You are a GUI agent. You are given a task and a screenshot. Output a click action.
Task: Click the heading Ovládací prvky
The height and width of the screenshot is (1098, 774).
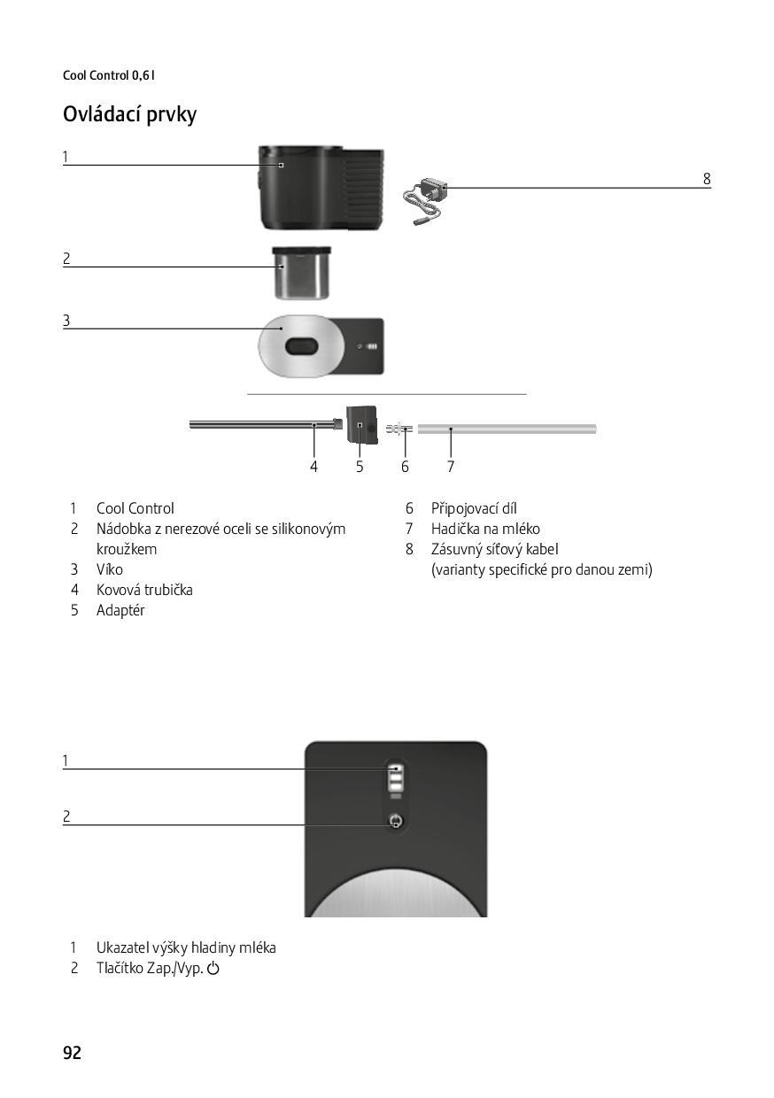point(129,115)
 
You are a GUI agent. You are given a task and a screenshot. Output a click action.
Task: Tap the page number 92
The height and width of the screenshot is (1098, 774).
point(72,1053)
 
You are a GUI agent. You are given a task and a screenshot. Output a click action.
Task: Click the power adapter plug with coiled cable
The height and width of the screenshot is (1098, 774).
point(425,200)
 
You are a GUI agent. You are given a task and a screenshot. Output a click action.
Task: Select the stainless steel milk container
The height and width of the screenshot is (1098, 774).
point(302,273)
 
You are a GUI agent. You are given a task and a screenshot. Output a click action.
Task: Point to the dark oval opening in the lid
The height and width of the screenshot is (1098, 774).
point(302,346)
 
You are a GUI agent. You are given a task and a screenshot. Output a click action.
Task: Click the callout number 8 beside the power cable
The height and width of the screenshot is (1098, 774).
point(707,179)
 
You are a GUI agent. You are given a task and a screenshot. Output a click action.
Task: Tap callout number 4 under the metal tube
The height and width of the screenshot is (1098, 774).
point(313,466)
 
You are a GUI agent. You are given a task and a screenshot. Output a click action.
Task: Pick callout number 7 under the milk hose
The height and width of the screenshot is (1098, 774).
point(451,466)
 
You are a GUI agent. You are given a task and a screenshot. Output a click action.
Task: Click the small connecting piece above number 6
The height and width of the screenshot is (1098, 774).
point(399,429)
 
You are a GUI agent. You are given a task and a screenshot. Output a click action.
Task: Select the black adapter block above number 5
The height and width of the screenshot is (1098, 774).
point(361,425)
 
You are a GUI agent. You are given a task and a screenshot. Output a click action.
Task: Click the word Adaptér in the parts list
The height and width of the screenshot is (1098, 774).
point(120,610)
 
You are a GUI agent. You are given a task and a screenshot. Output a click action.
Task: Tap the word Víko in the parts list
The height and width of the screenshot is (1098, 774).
point(109,569)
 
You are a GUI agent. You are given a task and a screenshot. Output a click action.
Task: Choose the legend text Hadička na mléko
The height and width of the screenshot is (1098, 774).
point(485,529)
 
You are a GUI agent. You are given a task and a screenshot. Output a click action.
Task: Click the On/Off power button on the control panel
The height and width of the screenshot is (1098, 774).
point(396,820)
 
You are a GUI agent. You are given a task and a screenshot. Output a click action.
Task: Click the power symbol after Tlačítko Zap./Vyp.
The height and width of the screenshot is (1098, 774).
point(213,968)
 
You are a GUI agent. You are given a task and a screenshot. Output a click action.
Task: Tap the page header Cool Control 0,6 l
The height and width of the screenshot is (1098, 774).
point(109,75)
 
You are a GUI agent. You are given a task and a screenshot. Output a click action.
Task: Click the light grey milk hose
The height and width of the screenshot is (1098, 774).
point(507,429)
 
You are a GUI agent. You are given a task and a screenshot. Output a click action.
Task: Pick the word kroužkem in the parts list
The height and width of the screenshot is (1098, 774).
point(127,549)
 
